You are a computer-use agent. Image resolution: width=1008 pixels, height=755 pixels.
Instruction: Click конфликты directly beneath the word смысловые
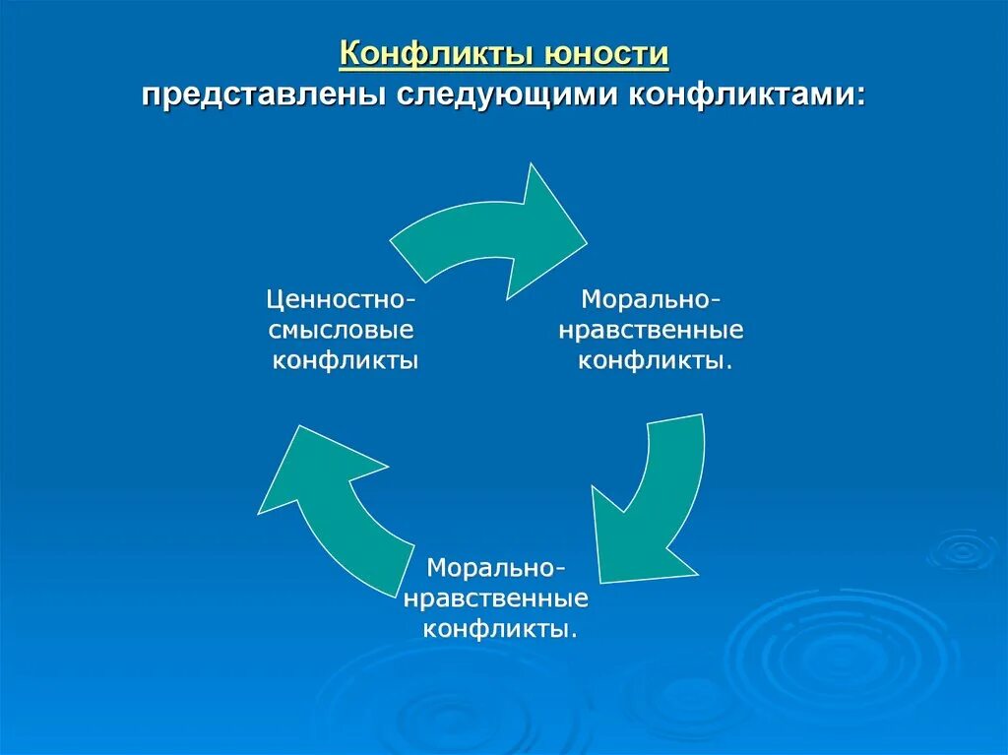tap(346, 360)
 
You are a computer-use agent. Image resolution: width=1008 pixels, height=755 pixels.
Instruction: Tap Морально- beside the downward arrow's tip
tap(496, 568)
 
